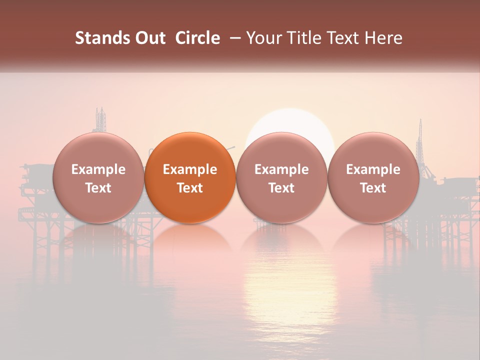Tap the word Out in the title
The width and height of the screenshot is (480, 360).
click(148, 38)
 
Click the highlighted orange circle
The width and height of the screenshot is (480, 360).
click(190, 177)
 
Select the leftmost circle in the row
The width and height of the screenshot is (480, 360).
click(98, 177)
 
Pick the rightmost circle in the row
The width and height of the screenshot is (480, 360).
click(373, 177)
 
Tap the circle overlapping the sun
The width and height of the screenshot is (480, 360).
click(281, 177)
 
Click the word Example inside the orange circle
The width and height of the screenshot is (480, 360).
click(190, 169)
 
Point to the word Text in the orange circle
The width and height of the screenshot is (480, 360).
click(190, 188)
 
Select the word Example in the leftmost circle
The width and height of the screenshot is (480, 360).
click(98, 169)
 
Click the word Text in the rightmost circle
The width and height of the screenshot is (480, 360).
click(373, 188)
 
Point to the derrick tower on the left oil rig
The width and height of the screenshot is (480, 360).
click(101, 120)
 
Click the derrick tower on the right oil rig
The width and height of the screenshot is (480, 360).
click(419, 137)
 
